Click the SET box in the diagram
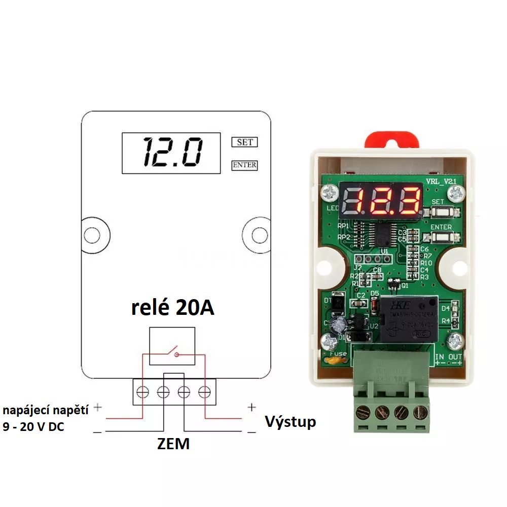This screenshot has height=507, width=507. coord(244,142)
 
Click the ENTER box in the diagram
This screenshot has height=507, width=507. coord(244,165)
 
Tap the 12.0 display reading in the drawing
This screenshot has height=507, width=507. coord(171,153)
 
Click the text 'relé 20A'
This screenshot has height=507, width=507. coord(173,308)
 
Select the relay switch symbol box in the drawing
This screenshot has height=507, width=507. coord(172,346)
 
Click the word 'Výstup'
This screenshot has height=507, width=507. coord(291,421)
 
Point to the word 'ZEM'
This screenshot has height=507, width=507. coord(173,444)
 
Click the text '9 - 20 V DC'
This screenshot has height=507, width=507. coord(33,427)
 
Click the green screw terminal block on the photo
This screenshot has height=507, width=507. coord(391,401)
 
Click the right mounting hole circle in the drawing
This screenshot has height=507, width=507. coord(260,235)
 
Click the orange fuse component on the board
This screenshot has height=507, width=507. coord(334,361)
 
